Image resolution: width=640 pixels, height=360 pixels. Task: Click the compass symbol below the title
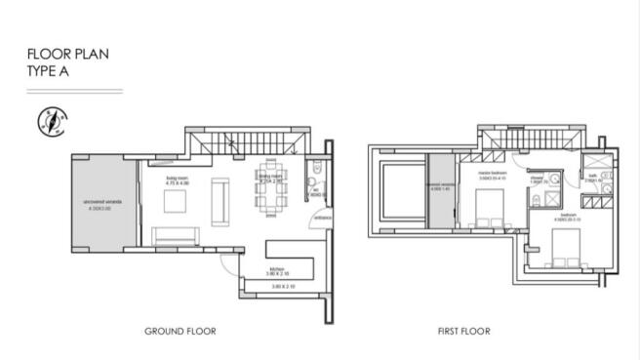pos(49,121)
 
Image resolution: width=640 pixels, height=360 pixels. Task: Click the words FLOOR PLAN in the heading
pos(67,55)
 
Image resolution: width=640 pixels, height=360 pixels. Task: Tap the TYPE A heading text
pos(50,70)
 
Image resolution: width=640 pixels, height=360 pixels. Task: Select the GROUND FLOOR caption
pos(180,332)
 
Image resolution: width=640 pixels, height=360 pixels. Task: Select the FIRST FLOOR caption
pos(464,332)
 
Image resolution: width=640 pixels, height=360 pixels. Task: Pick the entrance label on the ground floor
pos(321,218)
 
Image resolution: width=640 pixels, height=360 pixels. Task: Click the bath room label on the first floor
pos(591,179)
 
